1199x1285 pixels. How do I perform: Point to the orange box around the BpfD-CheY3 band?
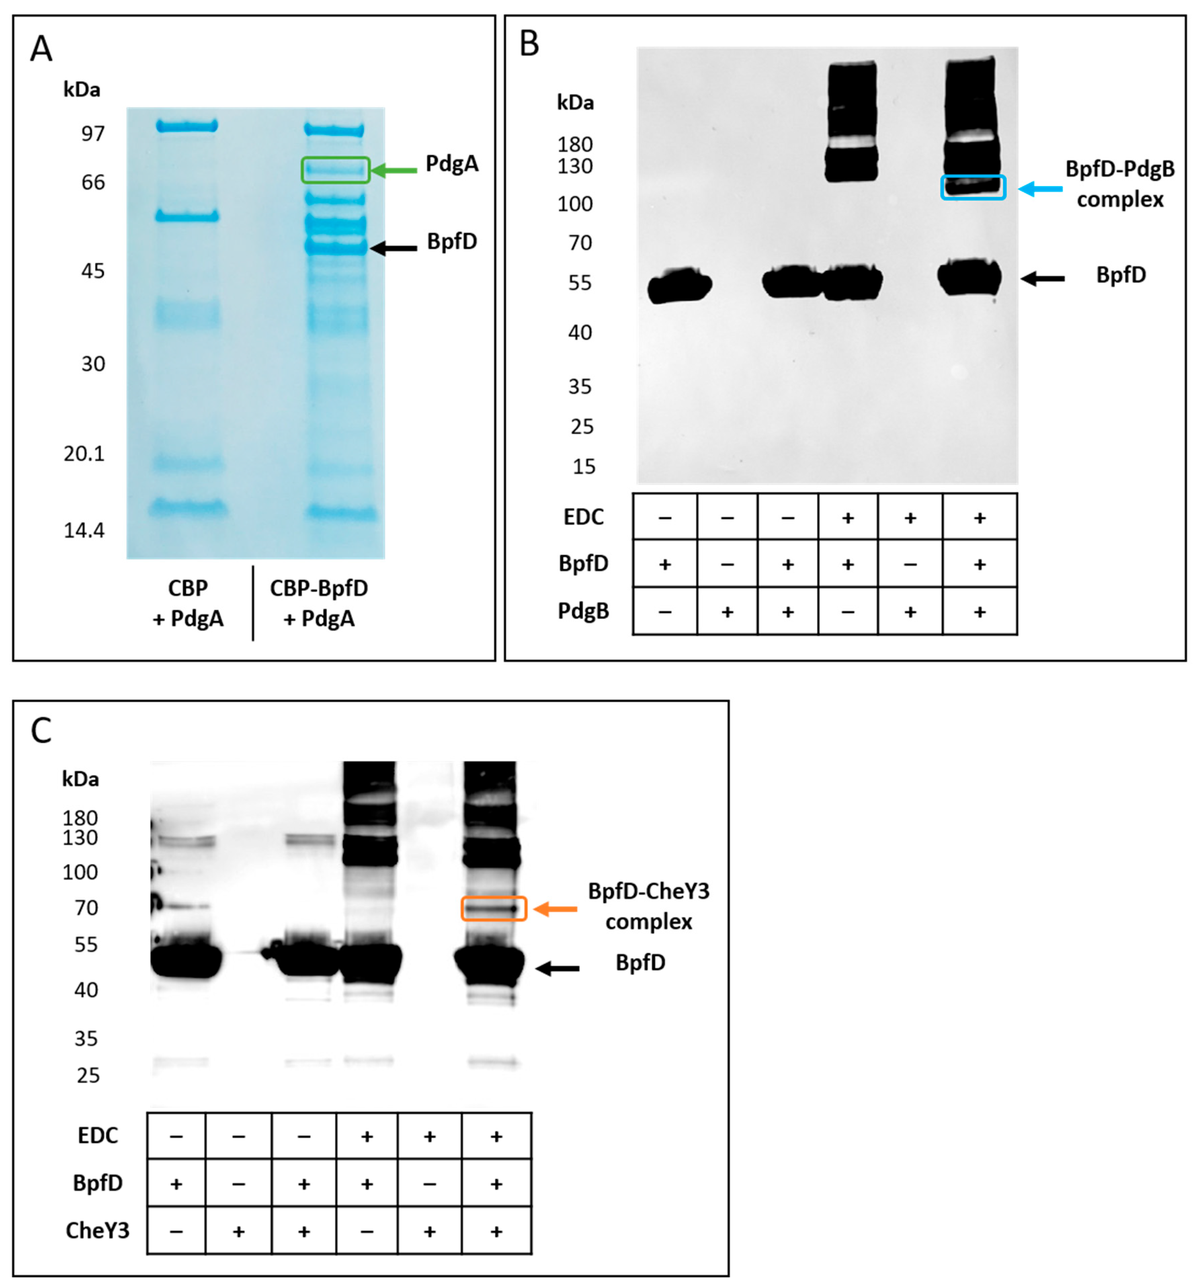pos(494,908)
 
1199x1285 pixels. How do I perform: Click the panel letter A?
pos(41,49)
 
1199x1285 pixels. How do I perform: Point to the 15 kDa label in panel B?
pos(584,467)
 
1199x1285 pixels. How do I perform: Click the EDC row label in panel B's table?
pos(584,517)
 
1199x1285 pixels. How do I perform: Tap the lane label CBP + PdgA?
pos(188,603)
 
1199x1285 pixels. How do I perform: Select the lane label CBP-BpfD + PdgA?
pos(319,603)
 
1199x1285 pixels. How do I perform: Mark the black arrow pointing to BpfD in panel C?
pos(557,968)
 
